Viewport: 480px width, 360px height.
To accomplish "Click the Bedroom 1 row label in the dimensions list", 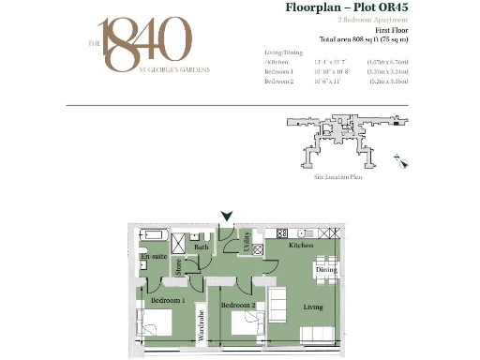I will coord(279,71).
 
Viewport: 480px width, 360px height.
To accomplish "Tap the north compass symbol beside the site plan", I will coord(402,161).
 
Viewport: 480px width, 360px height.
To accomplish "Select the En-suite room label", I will coord(153,256).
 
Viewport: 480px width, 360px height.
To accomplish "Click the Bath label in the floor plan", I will coord(202,247).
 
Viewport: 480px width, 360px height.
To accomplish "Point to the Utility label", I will coord(247,243).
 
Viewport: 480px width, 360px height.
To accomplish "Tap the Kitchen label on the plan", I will coord(301,245).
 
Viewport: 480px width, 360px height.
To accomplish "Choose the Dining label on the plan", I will coord(326,270).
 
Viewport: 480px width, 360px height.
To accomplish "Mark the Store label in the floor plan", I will coord(178,267).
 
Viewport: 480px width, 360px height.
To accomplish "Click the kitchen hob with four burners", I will coord(279,233).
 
